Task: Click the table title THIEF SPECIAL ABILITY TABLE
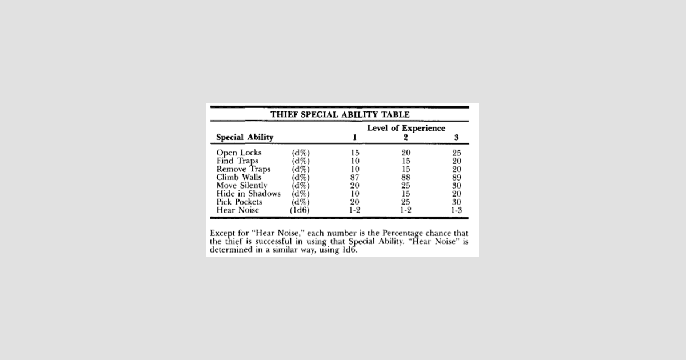pyautogui.click(x=340, y=114)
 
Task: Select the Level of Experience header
pyautogui.click(x=406, y=128)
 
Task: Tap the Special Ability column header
pyautogui.click(x=245, y=137)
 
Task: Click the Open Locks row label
pyautogui.click(x=239, y=153)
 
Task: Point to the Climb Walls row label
pyautogui.click(x=239, y=177)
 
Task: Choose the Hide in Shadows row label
pyautogui.click(x=249, y=194)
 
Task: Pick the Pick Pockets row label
pyautogui.click(x=240, y=202)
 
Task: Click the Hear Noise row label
pyautogui.click(x=238, y=210)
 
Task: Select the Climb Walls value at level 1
pyautogui.click(x=355, y=177)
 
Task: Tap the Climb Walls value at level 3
pyautogui.click(x=457, y=177)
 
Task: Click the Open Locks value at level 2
pyautogui.click(x=406, y=153)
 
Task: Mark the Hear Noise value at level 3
pyautogui.click(x=457, y=210)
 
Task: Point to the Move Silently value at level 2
pyautogui.click(x=406, y=186)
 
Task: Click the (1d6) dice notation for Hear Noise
pyautogui.click(x=300, y=210)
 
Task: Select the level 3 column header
pyautogui.click(x=457, y=137)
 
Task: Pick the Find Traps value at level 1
pyautogui.click(x=355, y=161)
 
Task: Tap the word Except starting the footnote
pyautogui.click(x=222, y=233)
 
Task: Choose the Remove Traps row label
pyautogui.click(x=244, y=169)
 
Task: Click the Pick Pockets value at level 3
pyautogui.click(x=457, y=202)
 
